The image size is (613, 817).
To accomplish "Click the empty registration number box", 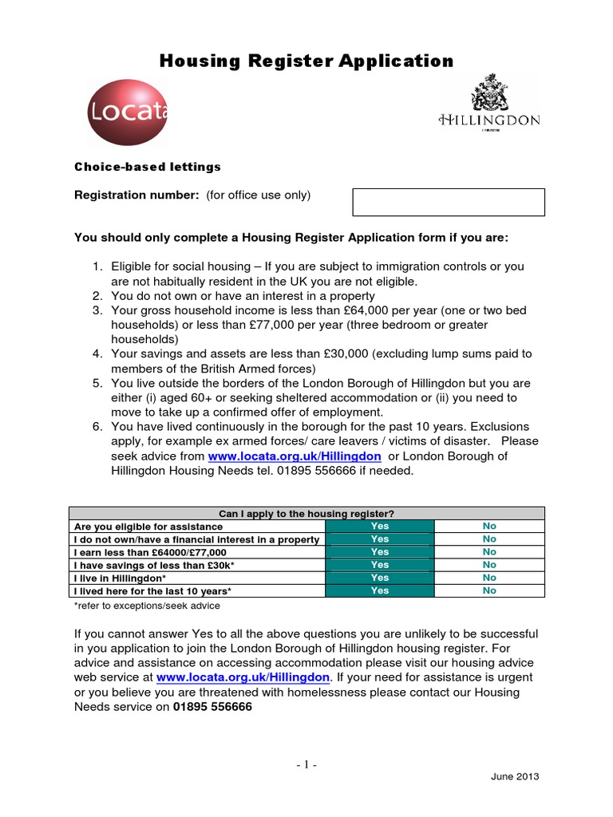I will pos(449,202).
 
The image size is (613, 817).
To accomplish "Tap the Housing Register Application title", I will pos(306,61).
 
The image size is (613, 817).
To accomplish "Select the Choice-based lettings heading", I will pos(147,167).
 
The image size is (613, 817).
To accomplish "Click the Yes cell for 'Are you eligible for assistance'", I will pos(380,527).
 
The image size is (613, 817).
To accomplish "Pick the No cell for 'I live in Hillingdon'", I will pos(489,578).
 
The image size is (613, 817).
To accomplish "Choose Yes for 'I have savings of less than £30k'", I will pos(380,565).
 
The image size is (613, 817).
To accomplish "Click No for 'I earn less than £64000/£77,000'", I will pos(489,552).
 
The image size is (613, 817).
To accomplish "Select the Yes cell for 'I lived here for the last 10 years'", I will pos(380,590).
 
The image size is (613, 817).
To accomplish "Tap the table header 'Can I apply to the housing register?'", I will pos(306,513).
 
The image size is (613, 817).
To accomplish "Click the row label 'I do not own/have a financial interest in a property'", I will pos(196,539).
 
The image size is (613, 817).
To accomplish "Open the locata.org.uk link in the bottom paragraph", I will pos(243,677).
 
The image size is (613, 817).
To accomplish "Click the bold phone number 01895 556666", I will pos(212,706).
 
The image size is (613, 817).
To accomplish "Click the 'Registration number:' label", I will pos(136,195).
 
